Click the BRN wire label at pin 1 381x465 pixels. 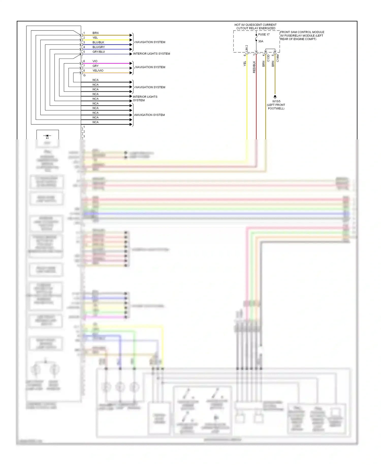point(96,33)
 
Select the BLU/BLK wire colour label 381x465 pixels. point(98,42)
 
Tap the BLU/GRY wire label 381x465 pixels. point(99,47)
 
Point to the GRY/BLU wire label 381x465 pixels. point(99,52)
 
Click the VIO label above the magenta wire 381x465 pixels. point(95,61)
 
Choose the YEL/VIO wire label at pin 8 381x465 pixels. point(98,71)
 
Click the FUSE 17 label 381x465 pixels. point(264,35)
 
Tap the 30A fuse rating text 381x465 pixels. point(261,41)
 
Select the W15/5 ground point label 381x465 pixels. point(276,101)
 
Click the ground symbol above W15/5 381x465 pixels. point(275,97)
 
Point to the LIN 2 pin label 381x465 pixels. point(247,48)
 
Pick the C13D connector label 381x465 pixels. point(268,58)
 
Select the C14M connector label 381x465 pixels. point(278,58)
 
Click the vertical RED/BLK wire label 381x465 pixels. point(254,67)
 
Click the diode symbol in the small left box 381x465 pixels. point(47,136)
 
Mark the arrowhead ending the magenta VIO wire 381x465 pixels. point(131,63)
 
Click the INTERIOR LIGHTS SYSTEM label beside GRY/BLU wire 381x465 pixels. point(151,54)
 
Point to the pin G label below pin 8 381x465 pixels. point(84,75)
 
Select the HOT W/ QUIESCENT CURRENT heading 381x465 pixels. point(256,25)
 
